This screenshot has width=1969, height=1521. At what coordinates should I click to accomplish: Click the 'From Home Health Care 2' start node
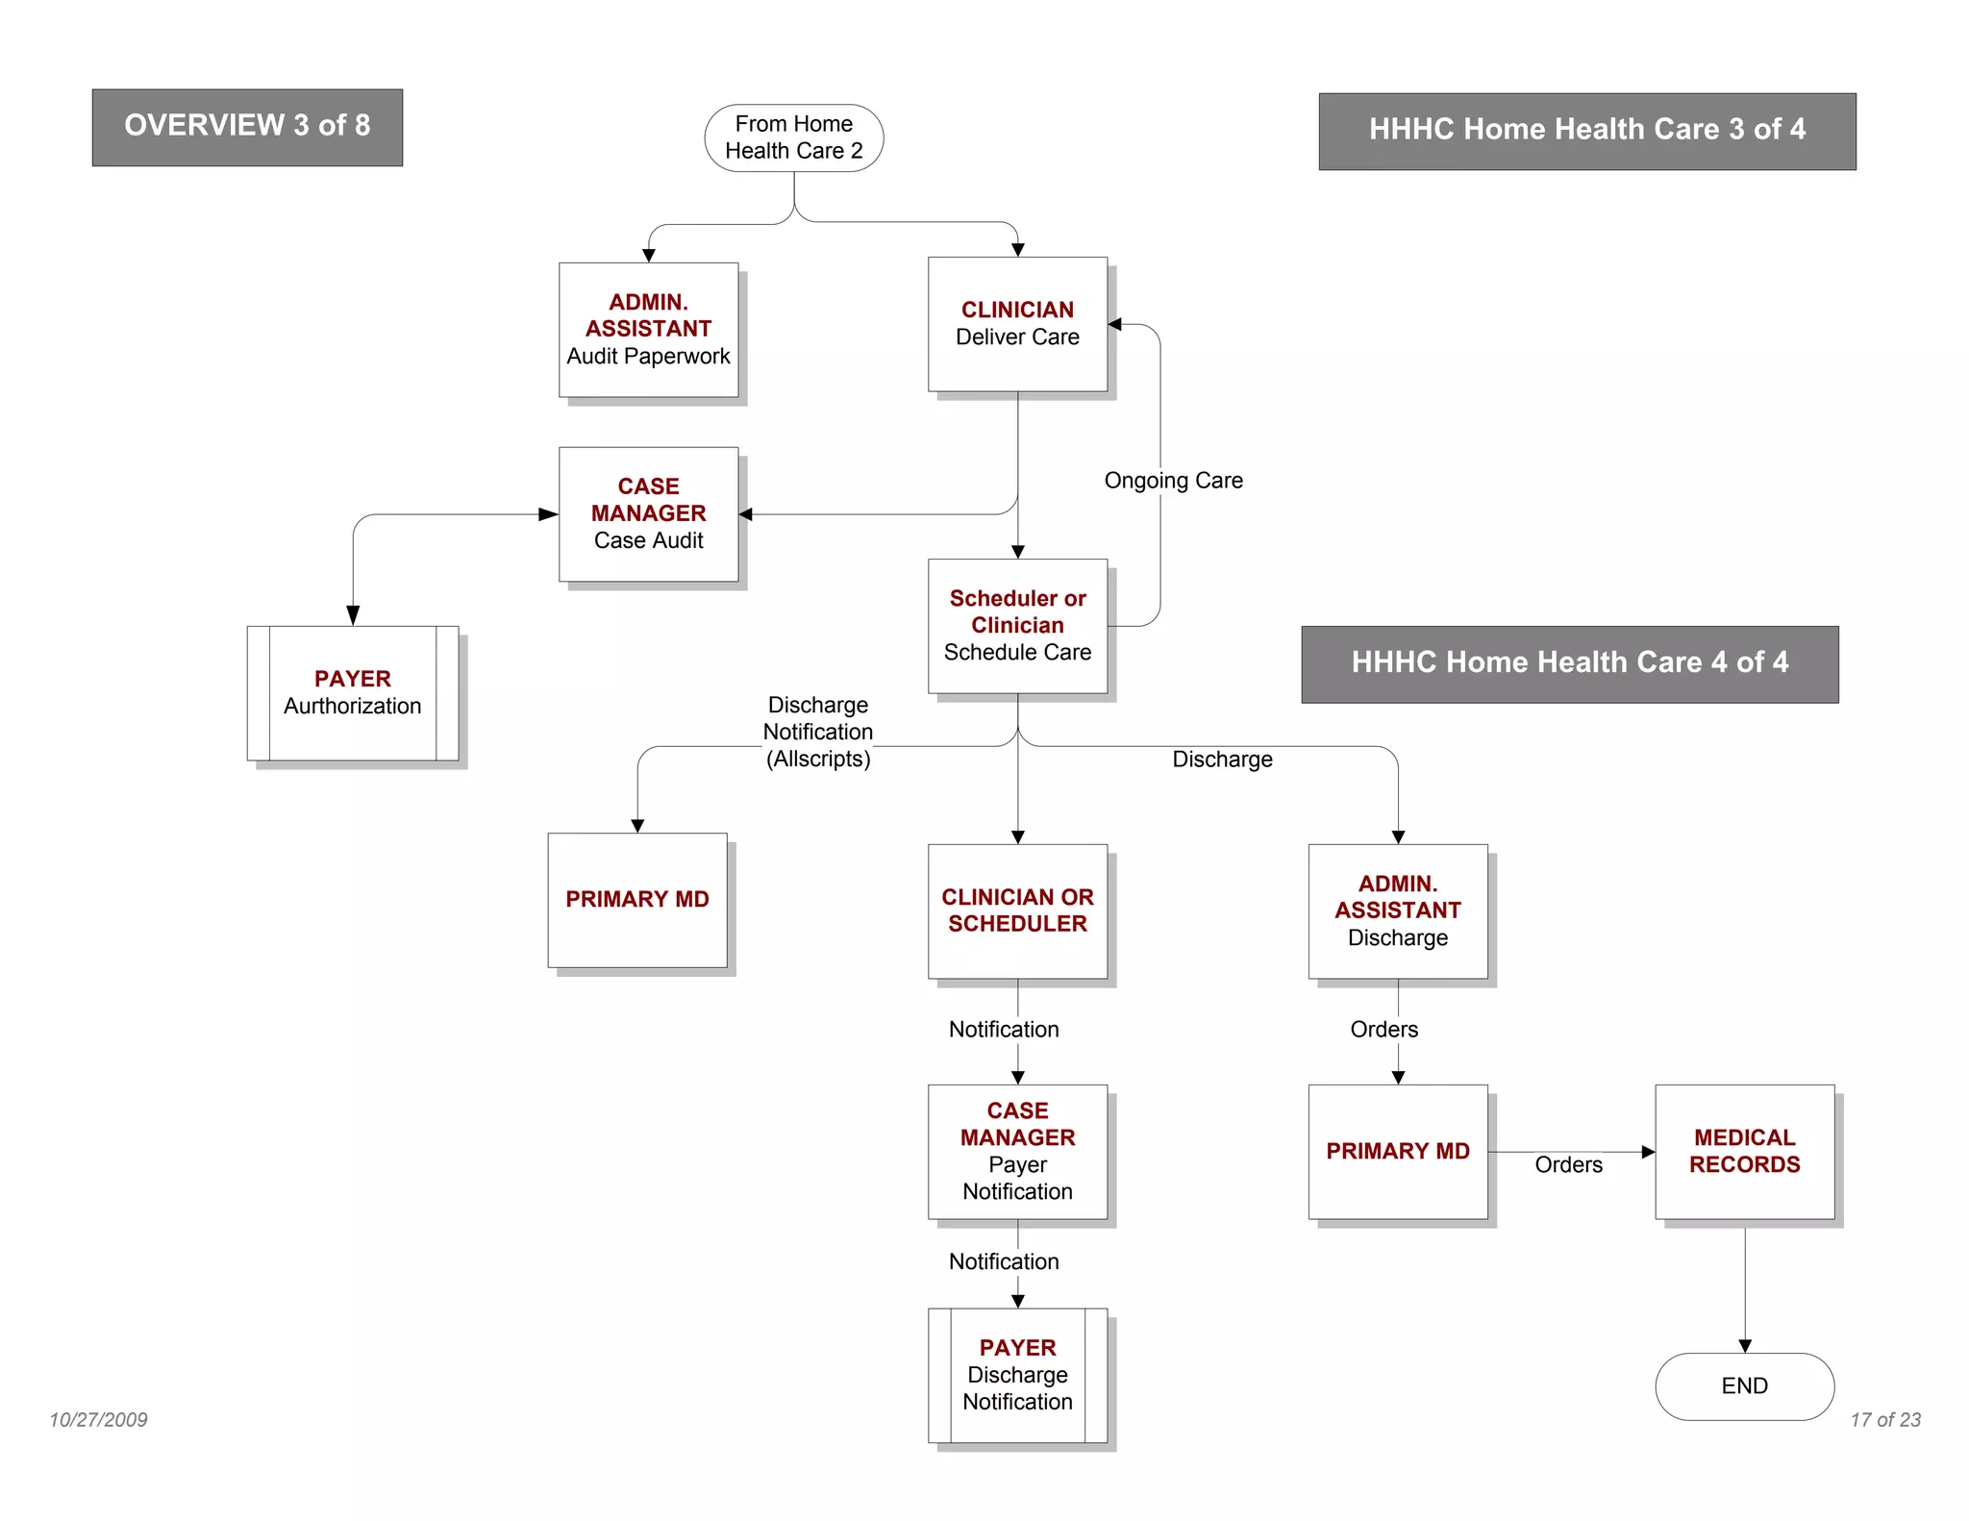pyautogui.click(x=793, y=137)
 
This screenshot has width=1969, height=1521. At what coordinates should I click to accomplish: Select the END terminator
pyautogui.click(x=1743, y=1385)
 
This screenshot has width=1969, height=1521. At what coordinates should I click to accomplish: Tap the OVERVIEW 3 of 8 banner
pyautogui.click(x=247, y=127)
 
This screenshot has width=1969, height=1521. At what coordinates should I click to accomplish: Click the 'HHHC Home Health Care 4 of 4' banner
pyautogui.click(x=1569, y=663)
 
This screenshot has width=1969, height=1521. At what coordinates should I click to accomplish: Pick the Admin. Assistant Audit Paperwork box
pyautogui.click(x=648, y=329)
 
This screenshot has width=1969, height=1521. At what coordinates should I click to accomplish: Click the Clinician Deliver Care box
pyautogui.click(x=1017, y=324)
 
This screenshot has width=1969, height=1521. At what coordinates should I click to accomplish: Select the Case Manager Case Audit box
pyautogui.click(x=648, y=513)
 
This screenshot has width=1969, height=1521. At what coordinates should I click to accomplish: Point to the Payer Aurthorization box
pyautogui.click(x=352, y=692)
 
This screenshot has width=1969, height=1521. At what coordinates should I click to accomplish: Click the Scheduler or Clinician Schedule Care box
pyautogui.click(x=1017, y=625)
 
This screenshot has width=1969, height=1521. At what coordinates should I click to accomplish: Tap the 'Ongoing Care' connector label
pyautogui.click(x=1173, y=481)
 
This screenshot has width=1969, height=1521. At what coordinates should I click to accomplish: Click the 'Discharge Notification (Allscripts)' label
pyautogui.click(x=817, y=732)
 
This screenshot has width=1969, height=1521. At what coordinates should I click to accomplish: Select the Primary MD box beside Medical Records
pyautogui.click(x=1397, y=1151)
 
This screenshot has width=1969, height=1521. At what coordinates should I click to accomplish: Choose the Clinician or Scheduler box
pyautogui.click(x=1017, y=910)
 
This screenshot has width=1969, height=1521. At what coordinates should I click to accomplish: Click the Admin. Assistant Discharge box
pyautogui.click(x=1397, y=910)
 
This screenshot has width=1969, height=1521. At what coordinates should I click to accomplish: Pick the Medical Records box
pyautogui.click(x=1743, y=1151)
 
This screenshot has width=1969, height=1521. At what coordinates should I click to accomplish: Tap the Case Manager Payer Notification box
pyautogui.click(x=1017, y=1151)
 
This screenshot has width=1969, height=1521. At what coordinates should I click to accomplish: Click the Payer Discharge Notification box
pyautogui.click(x=1017, y=1374)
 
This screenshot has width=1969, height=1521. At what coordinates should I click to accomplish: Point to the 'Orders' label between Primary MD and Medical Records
pyautogui.click(x=1568, y=1165)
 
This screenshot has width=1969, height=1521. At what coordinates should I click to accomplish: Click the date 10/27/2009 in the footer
pyautogui.click(x=98, y=1419)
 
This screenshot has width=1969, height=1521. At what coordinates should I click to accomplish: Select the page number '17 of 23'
pyautogui.click(x=1884, y=1419)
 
